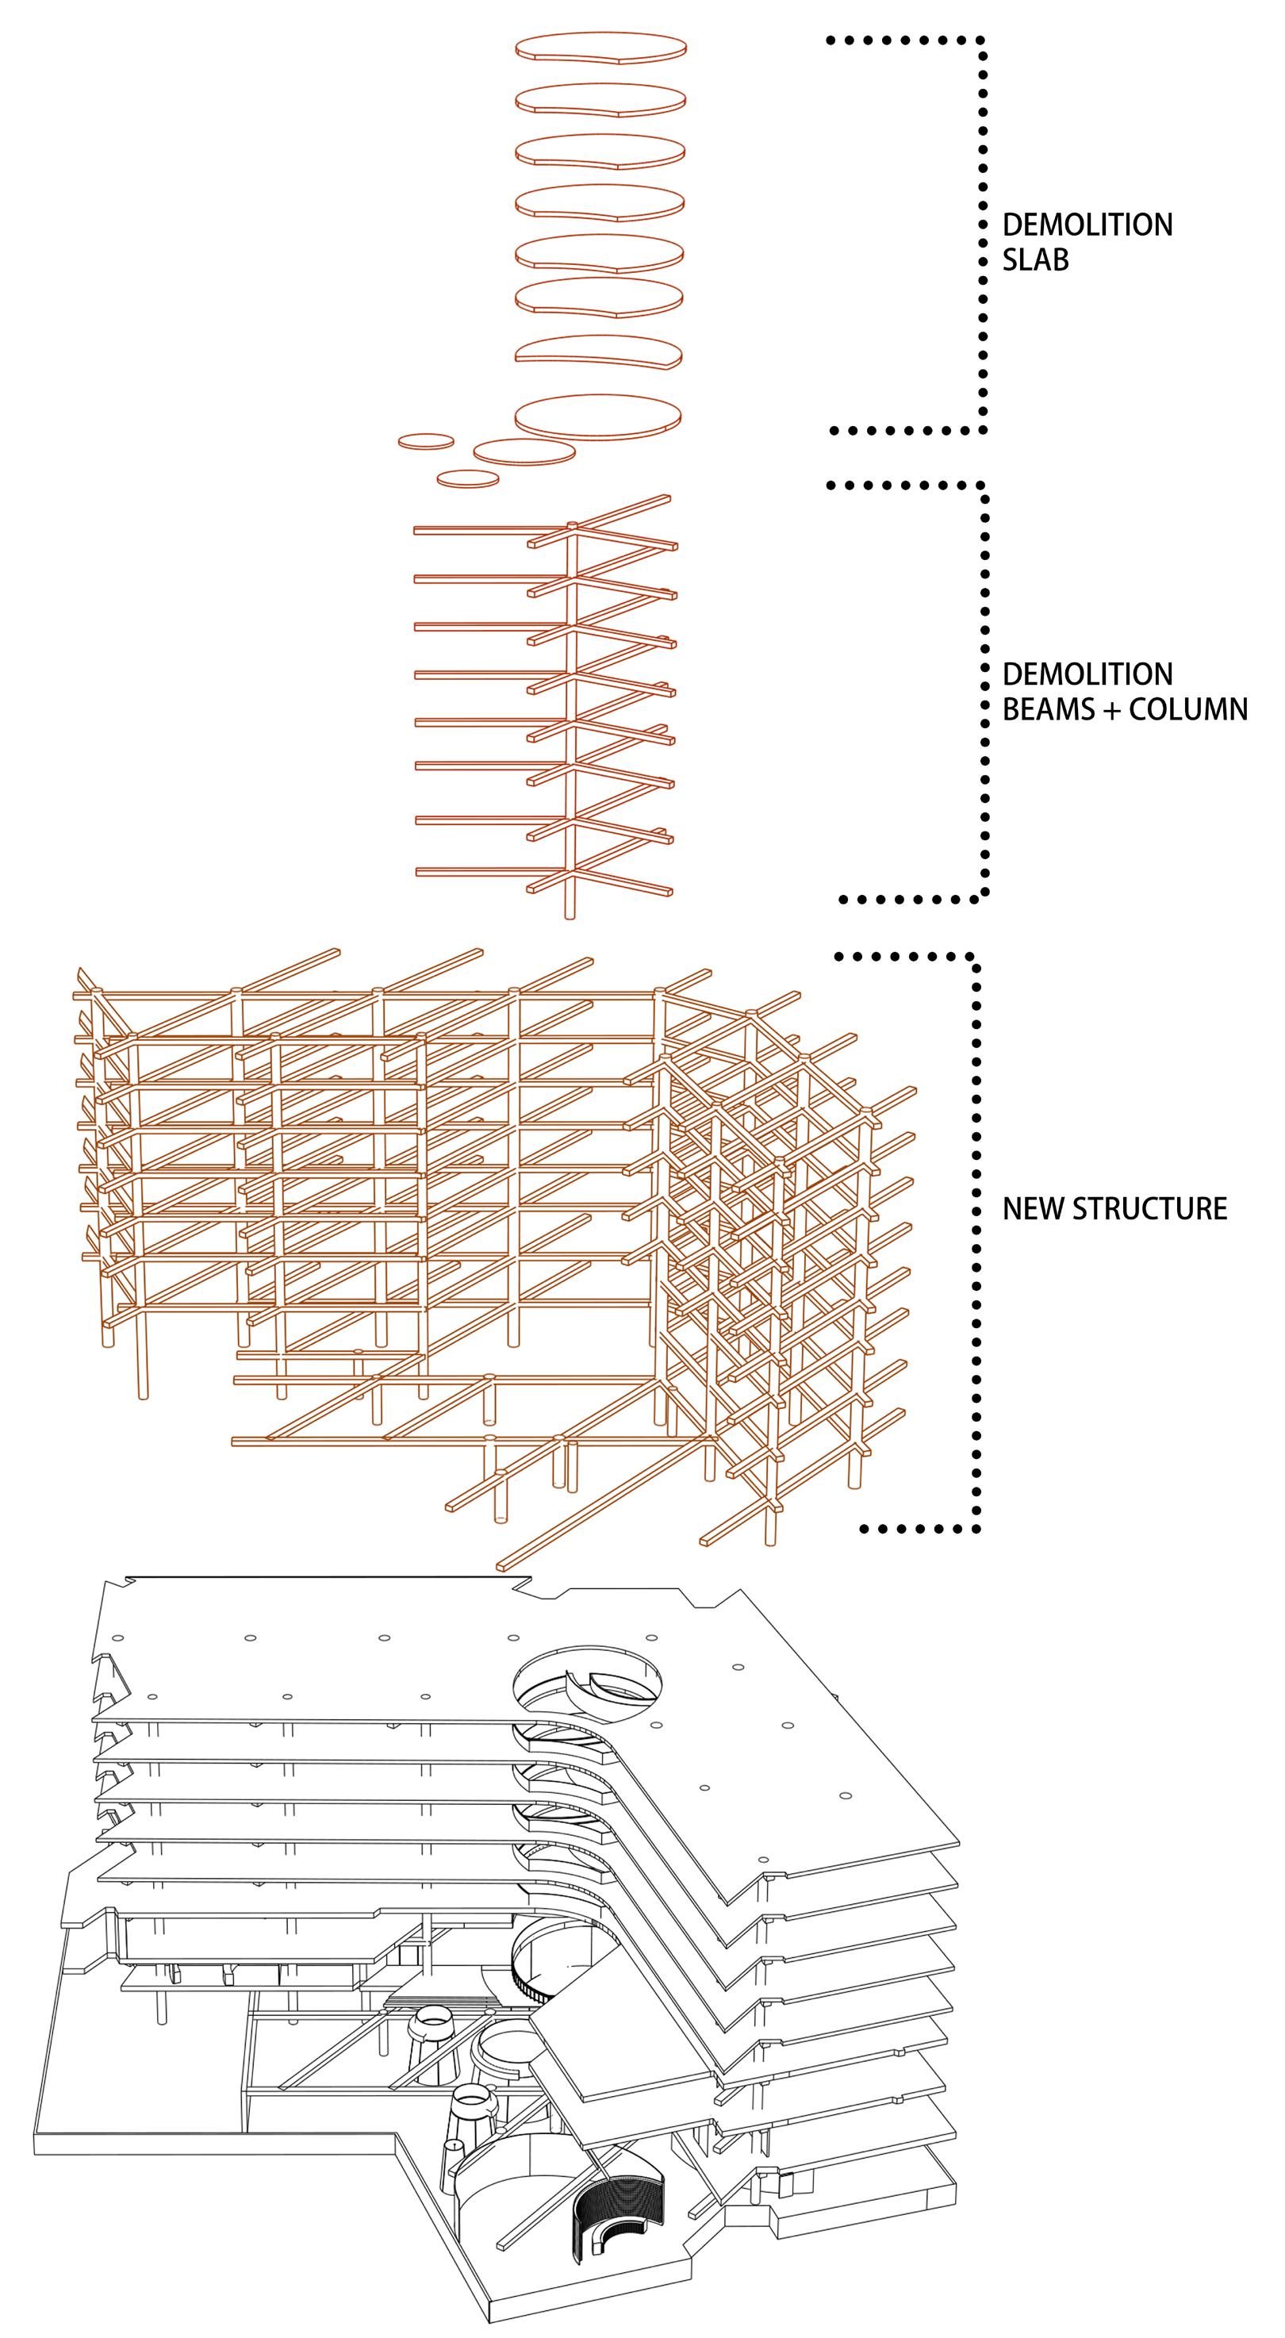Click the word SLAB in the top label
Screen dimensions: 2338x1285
pos(1035,259)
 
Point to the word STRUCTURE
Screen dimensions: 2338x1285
pos(1152,1209)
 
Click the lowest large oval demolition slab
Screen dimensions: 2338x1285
pos(598,417)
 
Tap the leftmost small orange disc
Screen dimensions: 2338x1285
pos(426,441)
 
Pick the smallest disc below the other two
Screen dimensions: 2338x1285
pos(468,478)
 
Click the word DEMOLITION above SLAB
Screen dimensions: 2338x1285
pos(1087,225)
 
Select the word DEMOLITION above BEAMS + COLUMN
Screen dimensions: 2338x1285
pos(1087,674)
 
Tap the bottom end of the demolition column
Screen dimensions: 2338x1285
pos(570,912)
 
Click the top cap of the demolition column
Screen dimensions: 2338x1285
pos(572,525)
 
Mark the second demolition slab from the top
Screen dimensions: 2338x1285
pos(600,100)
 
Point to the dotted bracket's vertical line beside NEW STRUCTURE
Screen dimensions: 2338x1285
pos(976,1243)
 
